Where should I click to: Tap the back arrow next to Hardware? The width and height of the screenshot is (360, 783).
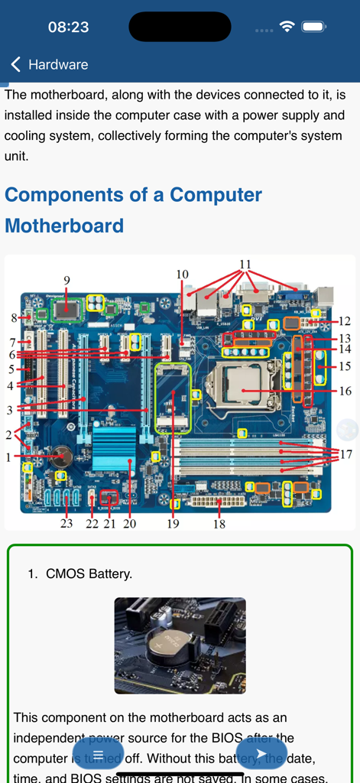coord(15,65)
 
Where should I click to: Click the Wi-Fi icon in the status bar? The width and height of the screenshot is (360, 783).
coord(287,27)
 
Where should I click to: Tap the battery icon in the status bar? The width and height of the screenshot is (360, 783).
coord(314,27)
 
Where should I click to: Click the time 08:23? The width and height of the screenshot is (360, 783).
coord(68,27)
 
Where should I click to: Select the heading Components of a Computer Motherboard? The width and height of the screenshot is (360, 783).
coord(134,210)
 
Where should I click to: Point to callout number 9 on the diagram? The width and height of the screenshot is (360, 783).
coord(66,281)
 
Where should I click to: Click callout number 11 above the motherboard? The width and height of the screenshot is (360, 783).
coord(245,265)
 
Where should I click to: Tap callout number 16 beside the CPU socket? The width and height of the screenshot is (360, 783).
coord(345,391)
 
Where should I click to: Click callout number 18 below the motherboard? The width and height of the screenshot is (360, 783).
coord(219,524)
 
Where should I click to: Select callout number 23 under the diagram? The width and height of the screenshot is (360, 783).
coord(66,524)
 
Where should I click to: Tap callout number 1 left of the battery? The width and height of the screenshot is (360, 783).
coord(8,457)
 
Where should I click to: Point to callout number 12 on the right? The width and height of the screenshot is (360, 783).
coord(345,321)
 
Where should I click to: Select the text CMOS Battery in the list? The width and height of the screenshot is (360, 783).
coord(89,573)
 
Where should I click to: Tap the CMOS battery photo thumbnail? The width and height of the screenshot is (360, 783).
coord(180,645)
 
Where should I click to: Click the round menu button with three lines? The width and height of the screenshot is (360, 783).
coord(98,754)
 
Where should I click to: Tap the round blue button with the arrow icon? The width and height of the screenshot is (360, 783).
coord(261,754)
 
